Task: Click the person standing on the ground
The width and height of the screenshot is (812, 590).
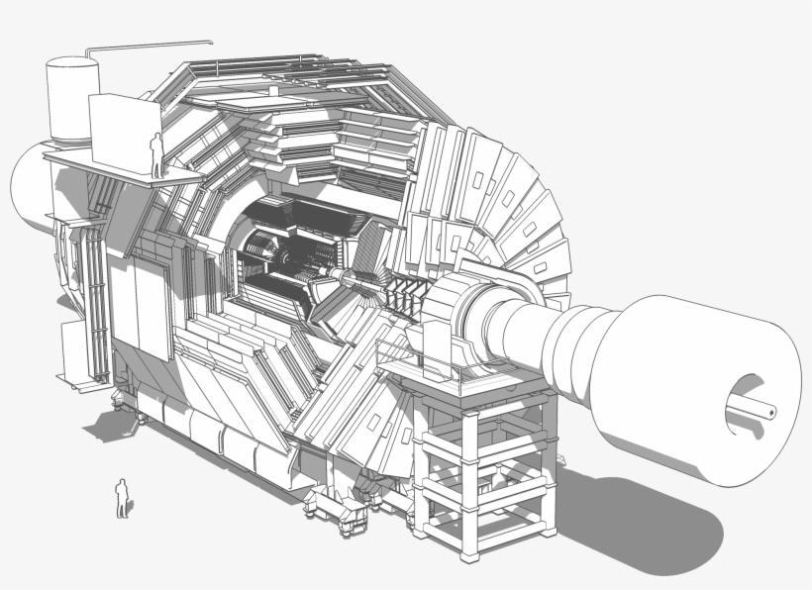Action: tap(122, 498)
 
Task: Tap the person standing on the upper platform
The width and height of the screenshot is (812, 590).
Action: tap(155, 155)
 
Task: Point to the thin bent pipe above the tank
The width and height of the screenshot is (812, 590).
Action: tap(149, 44)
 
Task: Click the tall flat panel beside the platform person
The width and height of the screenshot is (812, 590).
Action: tap(123, 133)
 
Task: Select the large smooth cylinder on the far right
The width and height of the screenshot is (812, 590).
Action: tap(693, 376)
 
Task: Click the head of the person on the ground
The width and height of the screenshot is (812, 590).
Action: tap(122, 482)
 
